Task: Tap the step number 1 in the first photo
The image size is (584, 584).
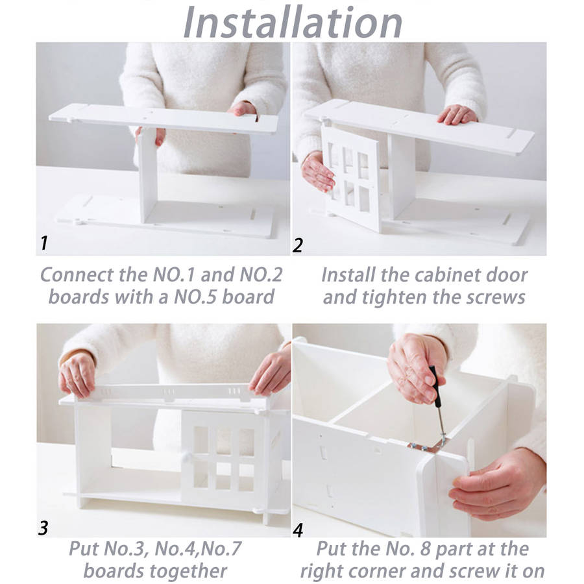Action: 44,243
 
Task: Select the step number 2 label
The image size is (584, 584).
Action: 298,245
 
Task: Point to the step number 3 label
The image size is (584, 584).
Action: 43,528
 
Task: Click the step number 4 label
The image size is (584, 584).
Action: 298,530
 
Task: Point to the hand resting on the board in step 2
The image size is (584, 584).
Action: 457,114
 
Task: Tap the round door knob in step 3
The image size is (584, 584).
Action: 186,457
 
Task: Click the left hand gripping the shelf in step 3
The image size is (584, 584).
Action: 77,373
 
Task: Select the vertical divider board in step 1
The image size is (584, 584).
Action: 147,175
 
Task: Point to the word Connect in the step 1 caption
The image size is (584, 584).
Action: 77,275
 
